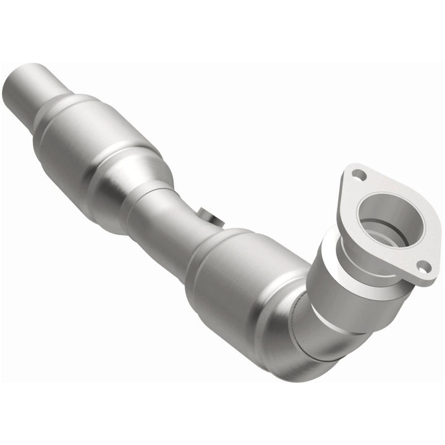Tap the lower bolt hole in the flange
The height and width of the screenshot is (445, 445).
pos(423,266)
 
